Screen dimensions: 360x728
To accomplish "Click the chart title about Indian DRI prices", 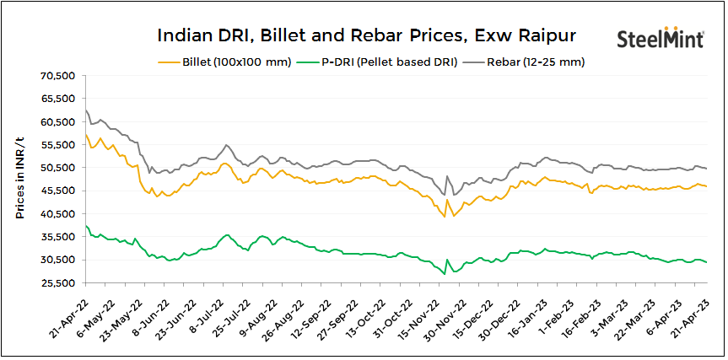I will click(366, 35).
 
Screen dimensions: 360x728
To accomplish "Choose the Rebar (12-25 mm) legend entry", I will click(537, 62).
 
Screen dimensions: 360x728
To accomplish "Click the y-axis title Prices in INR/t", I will click(19, 180).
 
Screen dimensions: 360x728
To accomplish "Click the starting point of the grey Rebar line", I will click(86, 110).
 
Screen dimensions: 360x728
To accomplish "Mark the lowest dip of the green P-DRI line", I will click(444, 273).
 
